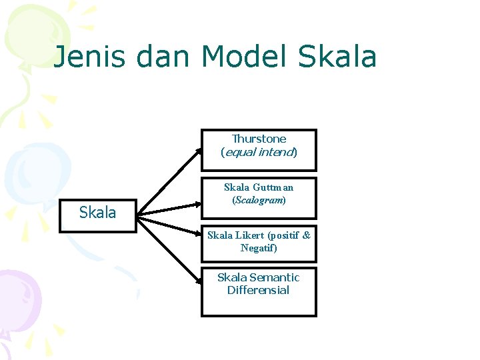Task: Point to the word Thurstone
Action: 259,139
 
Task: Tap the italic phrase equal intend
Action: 259,152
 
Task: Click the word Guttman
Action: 273,187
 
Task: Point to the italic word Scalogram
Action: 259,200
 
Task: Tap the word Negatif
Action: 258,248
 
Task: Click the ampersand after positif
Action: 306,235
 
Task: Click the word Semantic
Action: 274,277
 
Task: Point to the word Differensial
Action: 258,290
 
